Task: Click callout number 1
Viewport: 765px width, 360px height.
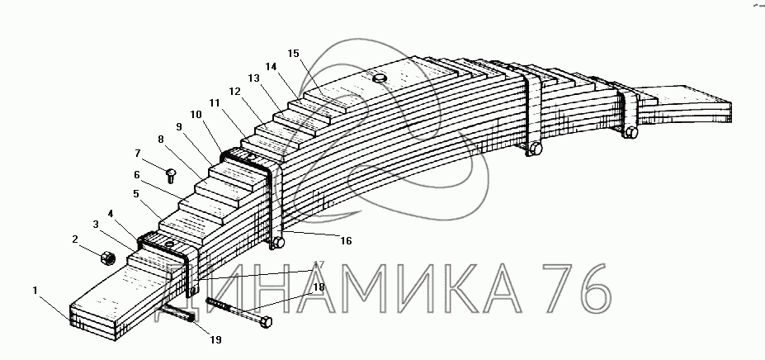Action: click(35, 290)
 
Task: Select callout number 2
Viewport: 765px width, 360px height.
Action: click(75, 239)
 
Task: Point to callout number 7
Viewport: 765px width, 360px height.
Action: click(138, 153)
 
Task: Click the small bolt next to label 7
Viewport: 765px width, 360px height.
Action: click(171, 174)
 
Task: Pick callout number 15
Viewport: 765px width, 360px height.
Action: click(293, 54)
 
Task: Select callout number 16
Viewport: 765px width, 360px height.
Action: click(347, 240)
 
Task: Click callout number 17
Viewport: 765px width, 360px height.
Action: click(319, 264)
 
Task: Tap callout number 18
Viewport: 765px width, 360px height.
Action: click(319, 288)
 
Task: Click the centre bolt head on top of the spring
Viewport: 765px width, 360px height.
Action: click(380, 78)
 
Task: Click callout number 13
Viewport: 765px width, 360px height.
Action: click(253, 78)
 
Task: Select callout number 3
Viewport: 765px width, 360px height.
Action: click(97, 224)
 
